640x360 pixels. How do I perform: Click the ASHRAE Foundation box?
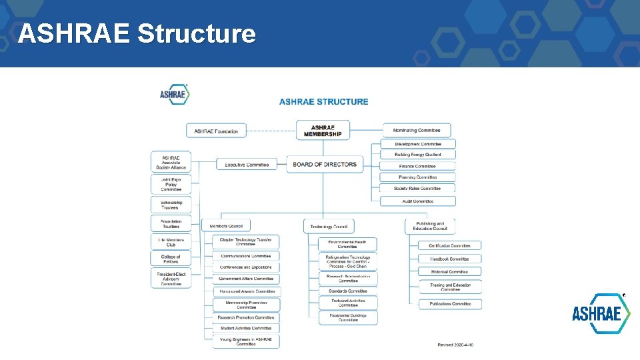(x=216, y=131)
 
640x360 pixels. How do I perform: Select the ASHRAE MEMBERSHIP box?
(x=323, y=131)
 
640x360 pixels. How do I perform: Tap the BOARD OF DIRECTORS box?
(x=325, y=165)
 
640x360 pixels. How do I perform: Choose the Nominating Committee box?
(x=417, y=131)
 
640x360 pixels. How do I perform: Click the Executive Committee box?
(x=247, y=165)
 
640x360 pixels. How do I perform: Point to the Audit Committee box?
(x=418, y=201)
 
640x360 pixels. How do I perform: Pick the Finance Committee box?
(x=418, y=166)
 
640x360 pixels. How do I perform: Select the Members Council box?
(x=226, y=226)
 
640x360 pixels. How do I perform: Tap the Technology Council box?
(x=329, y=227)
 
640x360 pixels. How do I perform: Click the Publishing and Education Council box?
(x=430, y=227)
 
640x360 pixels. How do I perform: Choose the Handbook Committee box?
(x=450, y=259)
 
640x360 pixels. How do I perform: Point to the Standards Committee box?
(x=348, y=291)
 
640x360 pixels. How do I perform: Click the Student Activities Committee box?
(x=245, y=328)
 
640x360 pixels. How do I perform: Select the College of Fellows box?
(x=171, y=259)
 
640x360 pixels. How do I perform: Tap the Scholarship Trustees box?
(x=171, y=205)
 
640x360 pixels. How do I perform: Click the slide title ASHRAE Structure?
(x=137, y=33)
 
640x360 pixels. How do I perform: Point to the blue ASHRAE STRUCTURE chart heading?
(x=323, y=101)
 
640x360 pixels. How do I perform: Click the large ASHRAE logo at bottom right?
(x=601, y=314)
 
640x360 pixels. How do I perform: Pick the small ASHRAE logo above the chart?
(x=175, y=94)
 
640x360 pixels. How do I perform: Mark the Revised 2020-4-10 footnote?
(x=455, y=345)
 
